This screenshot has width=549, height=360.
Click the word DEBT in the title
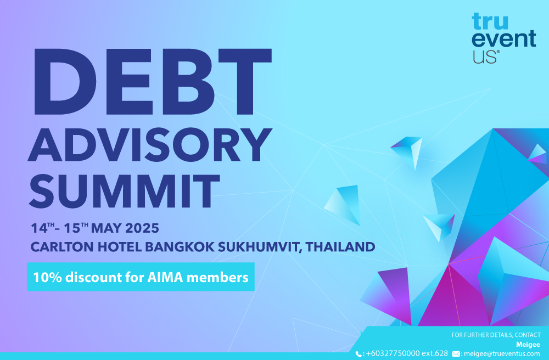[153, 82]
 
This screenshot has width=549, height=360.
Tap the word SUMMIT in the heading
[125, 191]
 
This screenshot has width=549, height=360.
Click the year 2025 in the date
[142, 228]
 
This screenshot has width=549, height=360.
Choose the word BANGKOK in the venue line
[180, 247]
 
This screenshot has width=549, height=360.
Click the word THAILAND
[340, 247]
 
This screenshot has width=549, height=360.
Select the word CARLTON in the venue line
[62, 247]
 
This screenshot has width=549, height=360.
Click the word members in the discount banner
[217, 278]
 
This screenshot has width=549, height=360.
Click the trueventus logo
[504, 38]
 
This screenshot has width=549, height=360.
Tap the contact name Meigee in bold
[528, 345]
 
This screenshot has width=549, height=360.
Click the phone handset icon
[358, 354]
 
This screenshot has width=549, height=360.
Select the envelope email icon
[456, 354]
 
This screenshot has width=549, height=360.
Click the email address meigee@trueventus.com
[502, 354]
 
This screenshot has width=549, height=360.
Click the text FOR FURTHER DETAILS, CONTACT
[496, 335]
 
